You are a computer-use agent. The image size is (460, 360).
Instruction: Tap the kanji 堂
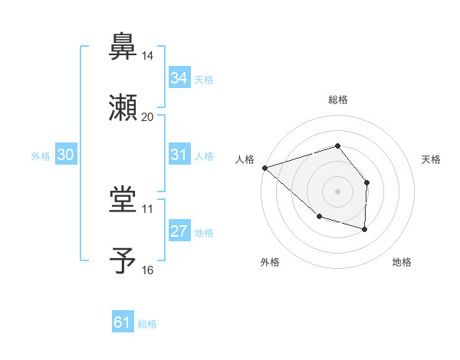[x=123, y=198]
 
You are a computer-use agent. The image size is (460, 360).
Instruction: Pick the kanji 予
[x=123, y=260]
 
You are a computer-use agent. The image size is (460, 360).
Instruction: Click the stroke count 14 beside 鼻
[x=147, y=56]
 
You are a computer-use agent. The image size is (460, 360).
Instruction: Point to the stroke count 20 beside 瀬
[x=147, y=117]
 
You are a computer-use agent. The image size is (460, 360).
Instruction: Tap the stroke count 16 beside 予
[x=147, y=270]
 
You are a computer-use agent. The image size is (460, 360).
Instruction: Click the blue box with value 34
[x=179, y=78]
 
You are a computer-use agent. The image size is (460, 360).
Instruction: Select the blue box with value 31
[x=179, y=155]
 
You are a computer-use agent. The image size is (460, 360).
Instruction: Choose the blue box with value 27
[x=179, y=231]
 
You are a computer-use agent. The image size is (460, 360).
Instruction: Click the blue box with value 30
[x=65, y=155]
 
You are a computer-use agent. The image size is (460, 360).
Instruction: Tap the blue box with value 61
[x=122, y=323]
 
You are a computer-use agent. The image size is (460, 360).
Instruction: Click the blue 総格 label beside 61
[x=147, y=324]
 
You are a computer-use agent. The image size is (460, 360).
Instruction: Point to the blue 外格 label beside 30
[x=41, y=155]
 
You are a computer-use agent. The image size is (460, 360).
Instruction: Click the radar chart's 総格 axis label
[x=337, y=100]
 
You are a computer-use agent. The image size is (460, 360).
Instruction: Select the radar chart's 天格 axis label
[x=432, y=159]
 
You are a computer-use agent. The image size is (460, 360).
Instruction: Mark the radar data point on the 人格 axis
[x=264, y=168]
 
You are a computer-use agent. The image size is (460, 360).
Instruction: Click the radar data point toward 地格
[x=365, y=229]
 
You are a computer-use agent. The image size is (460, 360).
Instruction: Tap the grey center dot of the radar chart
[x=337, y=191]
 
